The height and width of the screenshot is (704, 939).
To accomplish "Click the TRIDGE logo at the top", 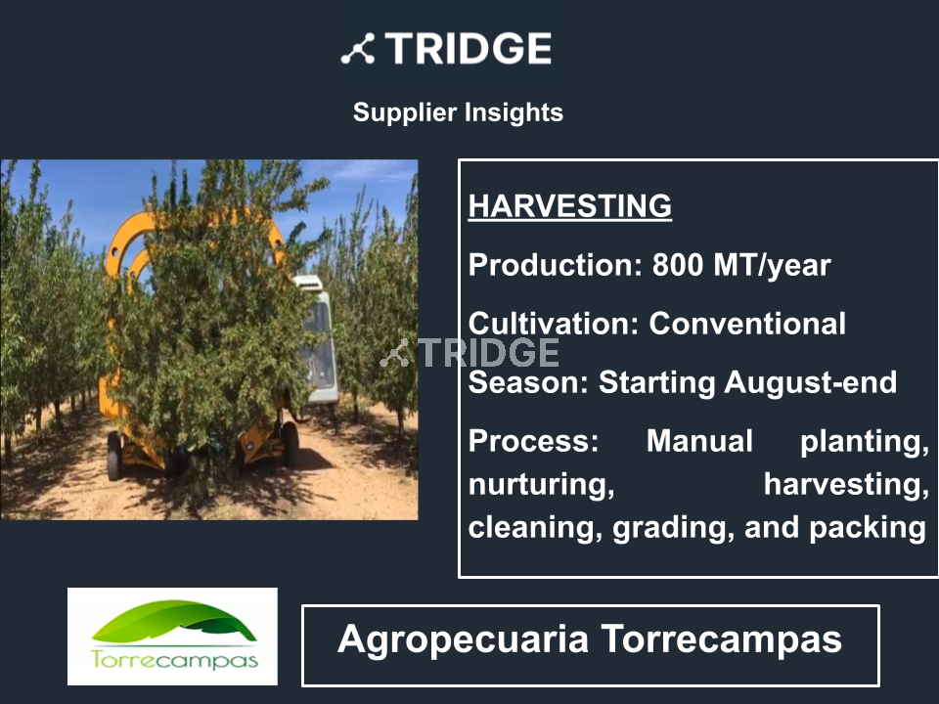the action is coord(446,49).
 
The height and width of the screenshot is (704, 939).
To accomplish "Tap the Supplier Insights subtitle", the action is coord(458,112).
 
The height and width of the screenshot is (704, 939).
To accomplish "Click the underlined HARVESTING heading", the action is coord(569,206).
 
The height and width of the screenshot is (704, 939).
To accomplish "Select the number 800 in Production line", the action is coord(677,265).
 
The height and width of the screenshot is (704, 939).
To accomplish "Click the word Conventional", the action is coord(747,324).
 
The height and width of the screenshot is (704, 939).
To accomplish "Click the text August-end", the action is coord(810,382).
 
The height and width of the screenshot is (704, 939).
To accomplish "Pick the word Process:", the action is coord(533,441).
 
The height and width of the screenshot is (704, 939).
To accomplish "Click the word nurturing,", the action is coord(541,485).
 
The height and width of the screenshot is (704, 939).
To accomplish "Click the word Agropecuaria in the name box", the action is coord(463,639).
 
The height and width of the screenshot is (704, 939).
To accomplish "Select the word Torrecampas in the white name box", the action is coord(721,638).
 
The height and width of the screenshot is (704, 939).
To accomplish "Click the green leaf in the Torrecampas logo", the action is coord(174,620).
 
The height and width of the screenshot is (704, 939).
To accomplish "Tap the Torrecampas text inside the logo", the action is coord(174,660).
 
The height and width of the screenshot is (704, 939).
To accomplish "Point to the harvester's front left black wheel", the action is coord(114,457).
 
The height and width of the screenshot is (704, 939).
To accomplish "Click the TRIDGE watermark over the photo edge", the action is coord(469,353).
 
